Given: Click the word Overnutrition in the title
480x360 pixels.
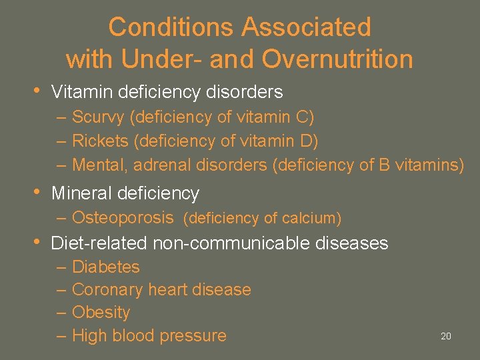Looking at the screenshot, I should click(x=337, y=60).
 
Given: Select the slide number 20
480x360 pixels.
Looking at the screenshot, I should click(x=446, y=336).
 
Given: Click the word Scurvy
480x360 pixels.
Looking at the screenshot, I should click(x=99, y=117).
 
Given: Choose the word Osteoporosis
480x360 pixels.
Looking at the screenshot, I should click(x=123, y=217).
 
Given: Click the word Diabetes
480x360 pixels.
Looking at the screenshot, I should click(x=105, y=267).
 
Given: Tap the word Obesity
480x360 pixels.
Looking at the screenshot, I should click(x=101, y=312).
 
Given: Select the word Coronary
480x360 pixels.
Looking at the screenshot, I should click(x=107, y=290).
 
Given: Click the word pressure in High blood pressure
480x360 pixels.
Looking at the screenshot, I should click(x=193, y=336).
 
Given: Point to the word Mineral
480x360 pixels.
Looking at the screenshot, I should click(x=81, y=193).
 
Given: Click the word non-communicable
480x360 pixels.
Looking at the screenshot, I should click(x=235, y=243).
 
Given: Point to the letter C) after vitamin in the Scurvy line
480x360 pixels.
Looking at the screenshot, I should click(x=305, y=117).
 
